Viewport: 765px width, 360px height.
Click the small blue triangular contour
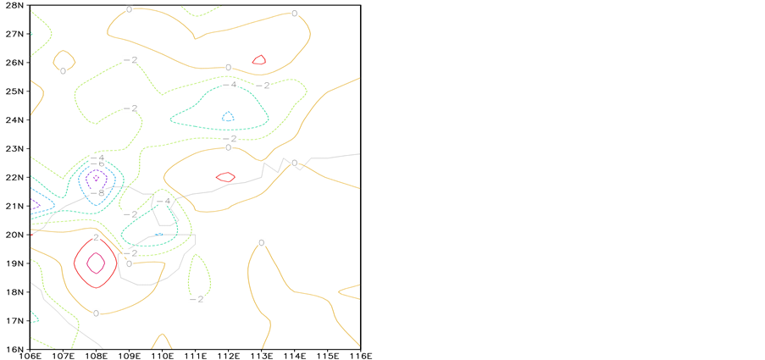pos(227,116)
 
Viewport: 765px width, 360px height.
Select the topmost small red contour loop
pos(259,60)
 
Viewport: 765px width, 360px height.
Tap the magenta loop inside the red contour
pos(95,263)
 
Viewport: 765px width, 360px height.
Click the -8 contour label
pos(97,192)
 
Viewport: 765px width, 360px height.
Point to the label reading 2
pos(97,238)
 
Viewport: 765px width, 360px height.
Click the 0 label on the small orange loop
pos(64,70)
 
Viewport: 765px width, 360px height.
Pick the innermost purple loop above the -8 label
pos(96,178)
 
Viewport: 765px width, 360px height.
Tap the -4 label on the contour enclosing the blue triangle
pos(230,85)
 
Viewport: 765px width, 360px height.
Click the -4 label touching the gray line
pos(164,201)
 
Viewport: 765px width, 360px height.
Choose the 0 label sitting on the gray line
pos(294,163)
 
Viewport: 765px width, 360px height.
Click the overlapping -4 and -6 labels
pos(97,160)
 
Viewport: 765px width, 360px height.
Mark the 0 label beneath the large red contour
pos(97,313)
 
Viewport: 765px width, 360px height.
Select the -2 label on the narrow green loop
pos(197,298)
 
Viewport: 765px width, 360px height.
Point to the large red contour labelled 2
pos(75,263)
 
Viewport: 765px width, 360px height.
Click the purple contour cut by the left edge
pos(36,203)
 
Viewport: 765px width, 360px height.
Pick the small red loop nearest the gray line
pos(225,177)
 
